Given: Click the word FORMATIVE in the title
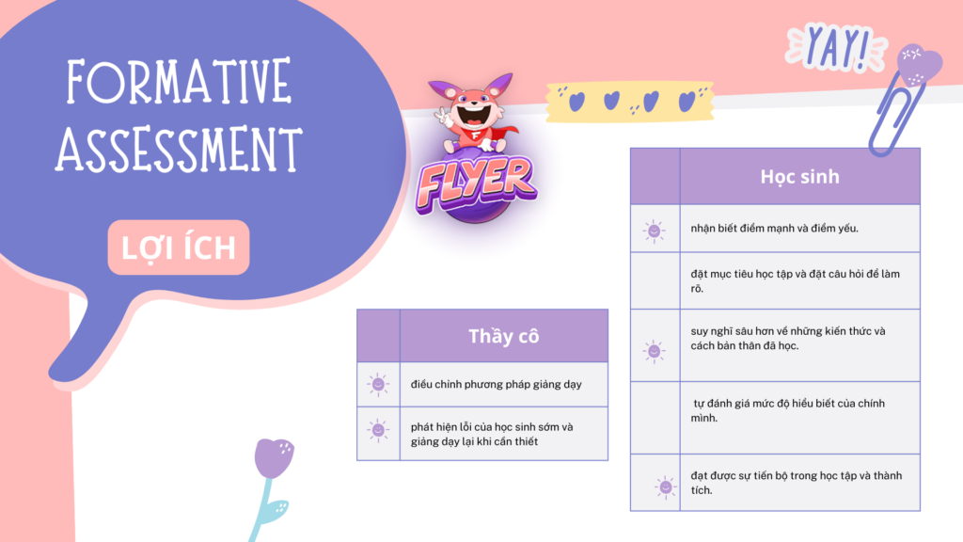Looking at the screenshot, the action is (x=179, y=81).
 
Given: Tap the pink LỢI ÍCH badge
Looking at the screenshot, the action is (x=179, y=247).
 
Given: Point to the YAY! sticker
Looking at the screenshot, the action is (x=836, y=47).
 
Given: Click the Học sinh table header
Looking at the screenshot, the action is (x=799, y=176).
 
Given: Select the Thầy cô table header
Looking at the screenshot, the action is (x=504, y=336).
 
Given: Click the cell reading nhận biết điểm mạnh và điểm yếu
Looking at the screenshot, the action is (x=799, y=228).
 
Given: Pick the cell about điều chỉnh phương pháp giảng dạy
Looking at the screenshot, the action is (x=504, y=384).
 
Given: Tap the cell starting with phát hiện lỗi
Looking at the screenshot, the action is (x=504, y=434).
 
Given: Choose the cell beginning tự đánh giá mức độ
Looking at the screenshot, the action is (x=799, y=418).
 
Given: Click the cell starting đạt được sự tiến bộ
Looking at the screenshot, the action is (x=799, y=483).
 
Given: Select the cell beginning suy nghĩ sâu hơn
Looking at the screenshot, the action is (x=799, y=345).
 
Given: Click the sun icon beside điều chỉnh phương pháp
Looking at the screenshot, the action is (x=378, y=385).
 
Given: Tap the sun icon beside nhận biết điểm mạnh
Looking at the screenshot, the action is (x=655, y=231).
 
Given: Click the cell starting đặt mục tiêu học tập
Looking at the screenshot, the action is (x=799, y=280).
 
